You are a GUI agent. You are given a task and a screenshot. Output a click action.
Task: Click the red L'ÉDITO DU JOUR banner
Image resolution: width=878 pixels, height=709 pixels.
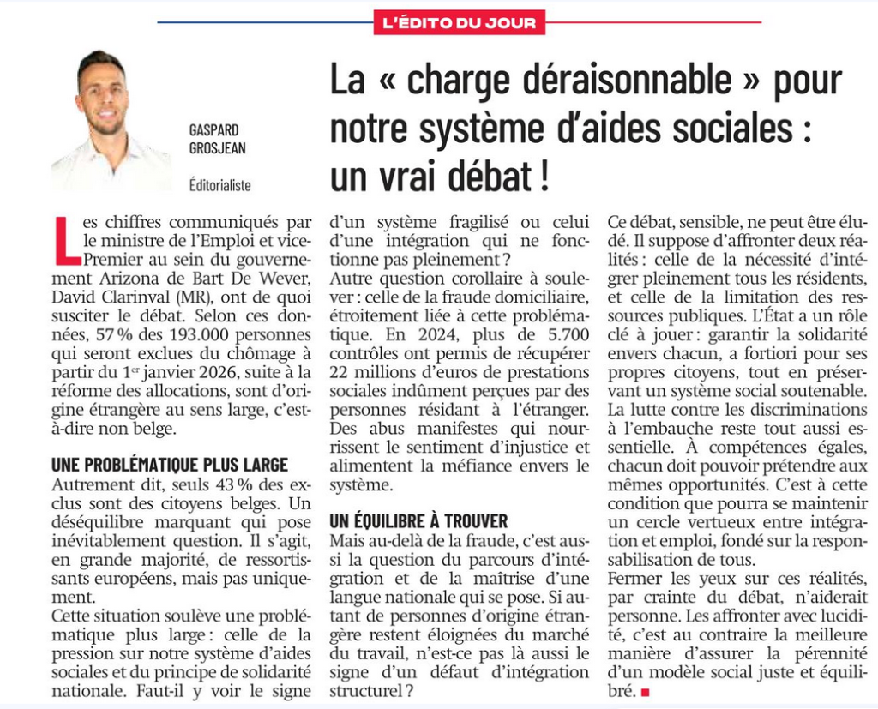459,21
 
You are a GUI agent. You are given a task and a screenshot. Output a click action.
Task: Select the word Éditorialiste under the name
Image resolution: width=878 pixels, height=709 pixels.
220,183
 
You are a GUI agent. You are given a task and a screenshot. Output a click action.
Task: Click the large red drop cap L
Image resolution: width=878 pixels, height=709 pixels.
66,241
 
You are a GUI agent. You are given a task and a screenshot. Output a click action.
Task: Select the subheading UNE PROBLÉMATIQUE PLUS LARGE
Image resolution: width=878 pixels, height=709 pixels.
170,465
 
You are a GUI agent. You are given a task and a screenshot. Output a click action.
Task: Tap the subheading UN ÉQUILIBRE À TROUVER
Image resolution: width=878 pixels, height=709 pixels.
419,520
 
